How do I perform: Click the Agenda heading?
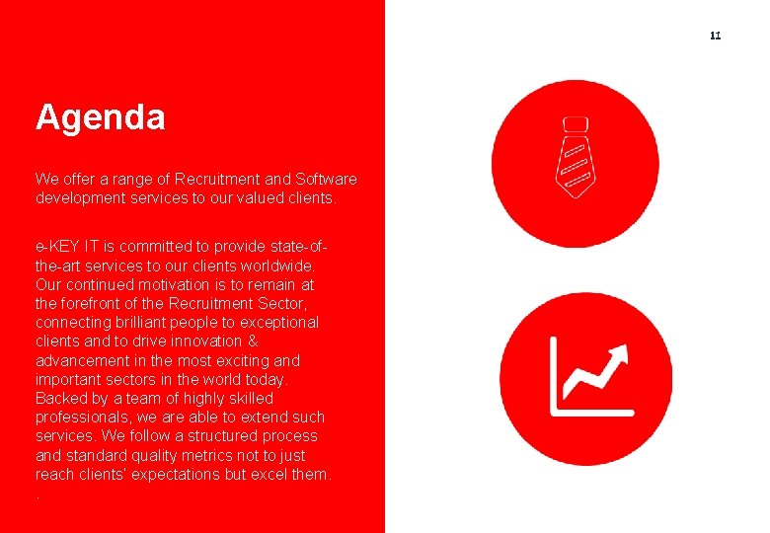pos(100,118)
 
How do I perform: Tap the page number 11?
pos(716,37)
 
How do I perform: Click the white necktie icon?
pos(575,155)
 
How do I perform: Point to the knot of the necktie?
pos(575,124)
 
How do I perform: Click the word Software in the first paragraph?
pos(325,179)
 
